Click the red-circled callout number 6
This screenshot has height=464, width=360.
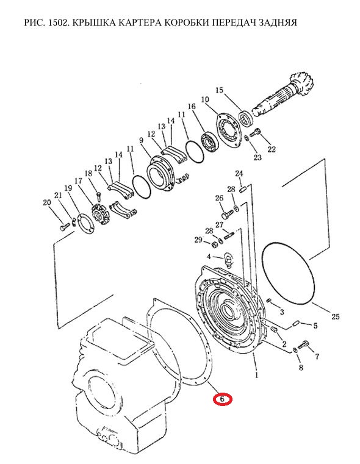(222, 399)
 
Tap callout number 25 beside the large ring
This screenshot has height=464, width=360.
(335, 316)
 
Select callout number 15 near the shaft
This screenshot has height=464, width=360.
(219, 90)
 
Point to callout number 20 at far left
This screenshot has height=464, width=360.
(47, 202)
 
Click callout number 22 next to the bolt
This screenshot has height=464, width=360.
(272, 149)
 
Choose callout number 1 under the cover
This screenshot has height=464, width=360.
(256, 375)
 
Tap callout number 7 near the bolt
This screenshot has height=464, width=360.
(317, 357)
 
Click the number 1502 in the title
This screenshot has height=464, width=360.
(57, 23)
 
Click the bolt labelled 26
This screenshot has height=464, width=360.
(228, 215)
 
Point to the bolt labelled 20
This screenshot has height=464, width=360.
(65, 227)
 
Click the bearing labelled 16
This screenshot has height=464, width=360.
(210, 143)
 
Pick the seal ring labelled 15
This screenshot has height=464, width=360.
(247, 118)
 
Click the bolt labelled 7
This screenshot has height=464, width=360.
(304, 345)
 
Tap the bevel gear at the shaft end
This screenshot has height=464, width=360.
(303, 83)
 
